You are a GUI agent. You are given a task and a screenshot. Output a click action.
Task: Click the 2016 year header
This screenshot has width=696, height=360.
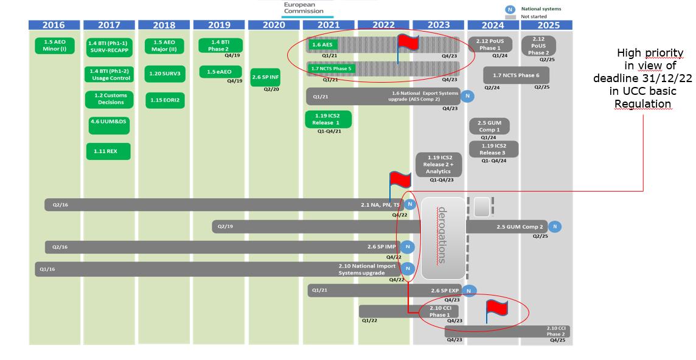[54, 25]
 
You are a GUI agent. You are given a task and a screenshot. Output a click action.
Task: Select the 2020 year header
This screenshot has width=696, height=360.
[273, 25]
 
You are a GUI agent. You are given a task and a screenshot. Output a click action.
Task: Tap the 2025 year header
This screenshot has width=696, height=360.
[548, 25]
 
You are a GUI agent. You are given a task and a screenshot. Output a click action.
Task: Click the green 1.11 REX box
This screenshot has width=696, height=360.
[108, 151]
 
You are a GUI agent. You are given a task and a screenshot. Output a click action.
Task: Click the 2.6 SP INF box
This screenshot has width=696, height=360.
[265, 77]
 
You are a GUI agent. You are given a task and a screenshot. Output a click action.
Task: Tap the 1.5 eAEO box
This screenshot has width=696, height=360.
[219, 72]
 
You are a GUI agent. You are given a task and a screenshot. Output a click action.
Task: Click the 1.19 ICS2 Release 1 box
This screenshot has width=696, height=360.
[328, 119]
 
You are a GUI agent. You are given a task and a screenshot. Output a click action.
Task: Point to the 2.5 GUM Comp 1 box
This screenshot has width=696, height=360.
[489, 126]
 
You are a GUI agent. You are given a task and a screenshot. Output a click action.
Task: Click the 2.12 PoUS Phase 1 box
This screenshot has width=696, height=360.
[490, 44]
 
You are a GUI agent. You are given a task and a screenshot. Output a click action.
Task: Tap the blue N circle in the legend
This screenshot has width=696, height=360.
[511, 9]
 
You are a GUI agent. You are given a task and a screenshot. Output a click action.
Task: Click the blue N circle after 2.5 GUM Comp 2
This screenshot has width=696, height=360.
[554, 227]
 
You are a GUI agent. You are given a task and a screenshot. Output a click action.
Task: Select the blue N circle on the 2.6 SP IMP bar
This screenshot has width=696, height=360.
[407, 247]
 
